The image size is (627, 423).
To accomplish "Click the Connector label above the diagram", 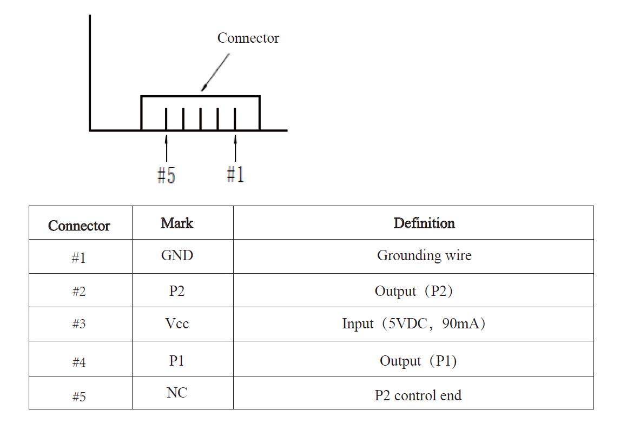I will (x=248, y=38).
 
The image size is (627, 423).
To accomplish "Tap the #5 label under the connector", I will (x=166, y=175).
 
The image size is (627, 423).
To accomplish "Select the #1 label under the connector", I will (x=235, y=174).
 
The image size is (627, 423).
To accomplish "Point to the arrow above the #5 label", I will (x=166, y=147).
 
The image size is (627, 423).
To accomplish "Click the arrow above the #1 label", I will (x=235, y=147).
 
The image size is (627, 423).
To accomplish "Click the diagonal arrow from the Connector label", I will (x=215, y=72).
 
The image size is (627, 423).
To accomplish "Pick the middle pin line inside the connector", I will (x=201, y=119).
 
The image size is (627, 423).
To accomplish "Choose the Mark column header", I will (x=177, y=223).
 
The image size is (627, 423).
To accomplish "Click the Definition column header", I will (x=424, y=223).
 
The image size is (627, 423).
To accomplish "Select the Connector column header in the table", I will (x=79, y=226).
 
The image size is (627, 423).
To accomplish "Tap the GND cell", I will (x=177, y=255).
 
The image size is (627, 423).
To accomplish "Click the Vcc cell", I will (x=177, y=323).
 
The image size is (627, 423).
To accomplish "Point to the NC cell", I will (x=177, y=393).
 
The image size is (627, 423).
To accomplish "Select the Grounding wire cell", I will (x=424, y=255).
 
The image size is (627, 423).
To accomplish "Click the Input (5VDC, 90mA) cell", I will (x=413, y=324).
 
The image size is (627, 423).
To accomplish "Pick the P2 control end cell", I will (x=418, y=395).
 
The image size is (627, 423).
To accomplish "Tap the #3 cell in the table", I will (x=79, y=325).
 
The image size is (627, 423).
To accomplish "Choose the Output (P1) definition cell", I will (x=418, y=361).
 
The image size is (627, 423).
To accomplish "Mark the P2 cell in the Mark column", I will (x=177, y=291).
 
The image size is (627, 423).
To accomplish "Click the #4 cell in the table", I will (x=79, y=362).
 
